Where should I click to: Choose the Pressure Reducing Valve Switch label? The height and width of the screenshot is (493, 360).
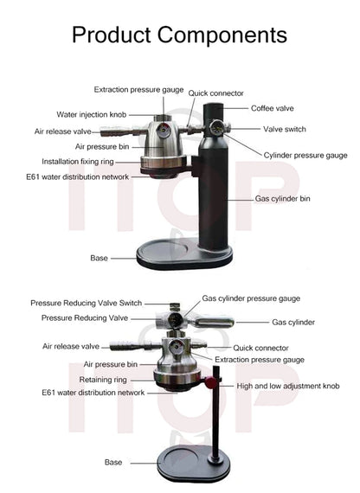86,304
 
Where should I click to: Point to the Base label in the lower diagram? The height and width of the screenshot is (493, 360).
113,462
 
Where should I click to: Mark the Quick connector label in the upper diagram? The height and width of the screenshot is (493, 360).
215,93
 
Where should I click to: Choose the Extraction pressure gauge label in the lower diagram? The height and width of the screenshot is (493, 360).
260,359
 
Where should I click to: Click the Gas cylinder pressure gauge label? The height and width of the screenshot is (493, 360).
251,298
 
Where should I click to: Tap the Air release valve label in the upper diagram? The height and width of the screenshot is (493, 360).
63,131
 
